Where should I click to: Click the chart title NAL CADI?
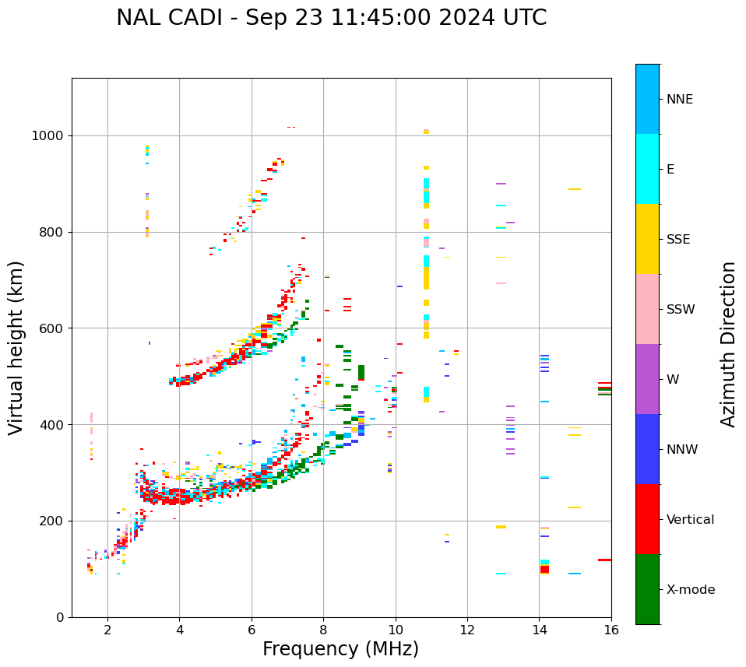tap(331, 18)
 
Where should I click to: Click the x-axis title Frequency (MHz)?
tap(340, 649)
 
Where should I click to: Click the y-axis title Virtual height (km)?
tap(16, 347)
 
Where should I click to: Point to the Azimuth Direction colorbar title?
tap(728, 344)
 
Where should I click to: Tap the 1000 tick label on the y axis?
tap(48, 135)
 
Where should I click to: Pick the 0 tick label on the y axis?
tap(59, 617)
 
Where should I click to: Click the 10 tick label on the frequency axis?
tap(395, 630)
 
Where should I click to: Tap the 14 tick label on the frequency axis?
tap(539, 630)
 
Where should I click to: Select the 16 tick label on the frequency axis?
tap(611, 630)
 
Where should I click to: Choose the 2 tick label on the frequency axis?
tap(107, 630)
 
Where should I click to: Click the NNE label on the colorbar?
tap(679, 100)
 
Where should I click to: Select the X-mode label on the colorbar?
tap(690, 590)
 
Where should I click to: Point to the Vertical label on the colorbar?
tap(690, 520)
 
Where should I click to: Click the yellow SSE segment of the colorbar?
tap(647, 239)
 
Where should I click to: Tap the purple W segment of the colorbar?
tap(647, 379)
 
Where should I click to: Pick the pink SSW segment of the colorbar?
tap(647, 309)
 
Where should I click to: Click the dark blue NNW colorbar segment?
tap(647, 449)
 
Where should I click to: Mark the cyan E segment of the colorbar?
tap(647, 169)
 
